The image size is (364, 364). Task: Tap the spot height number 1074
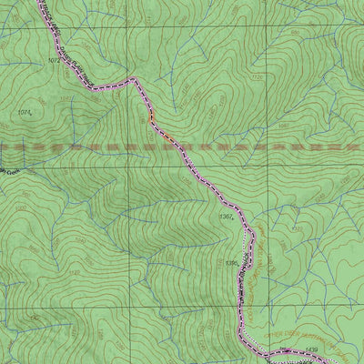tap(25, 112)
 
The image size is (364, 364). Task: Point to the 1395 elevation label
tap(231, 263)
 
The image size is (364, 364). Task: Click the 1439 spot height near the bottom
tap(312, 348)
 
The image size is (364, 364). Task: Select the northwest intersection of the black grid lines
tap(128, 18)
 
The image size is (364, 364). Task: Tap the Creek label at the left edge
tap(9, 170)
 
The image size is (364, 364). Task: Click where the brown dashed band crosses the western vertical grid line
tap(128, 146)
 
